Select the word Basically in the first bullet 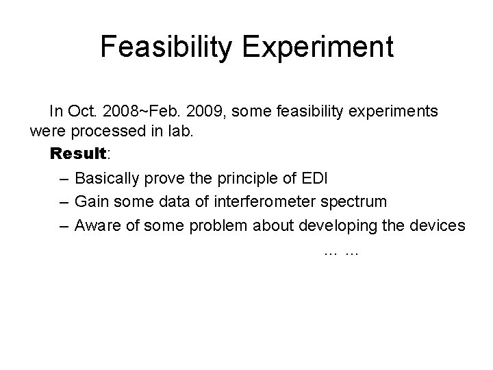pos(106,179)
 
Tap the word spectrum pos(355,202)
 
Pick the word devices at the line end pos(438,225)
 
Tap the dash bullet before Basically pos(63,180)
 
